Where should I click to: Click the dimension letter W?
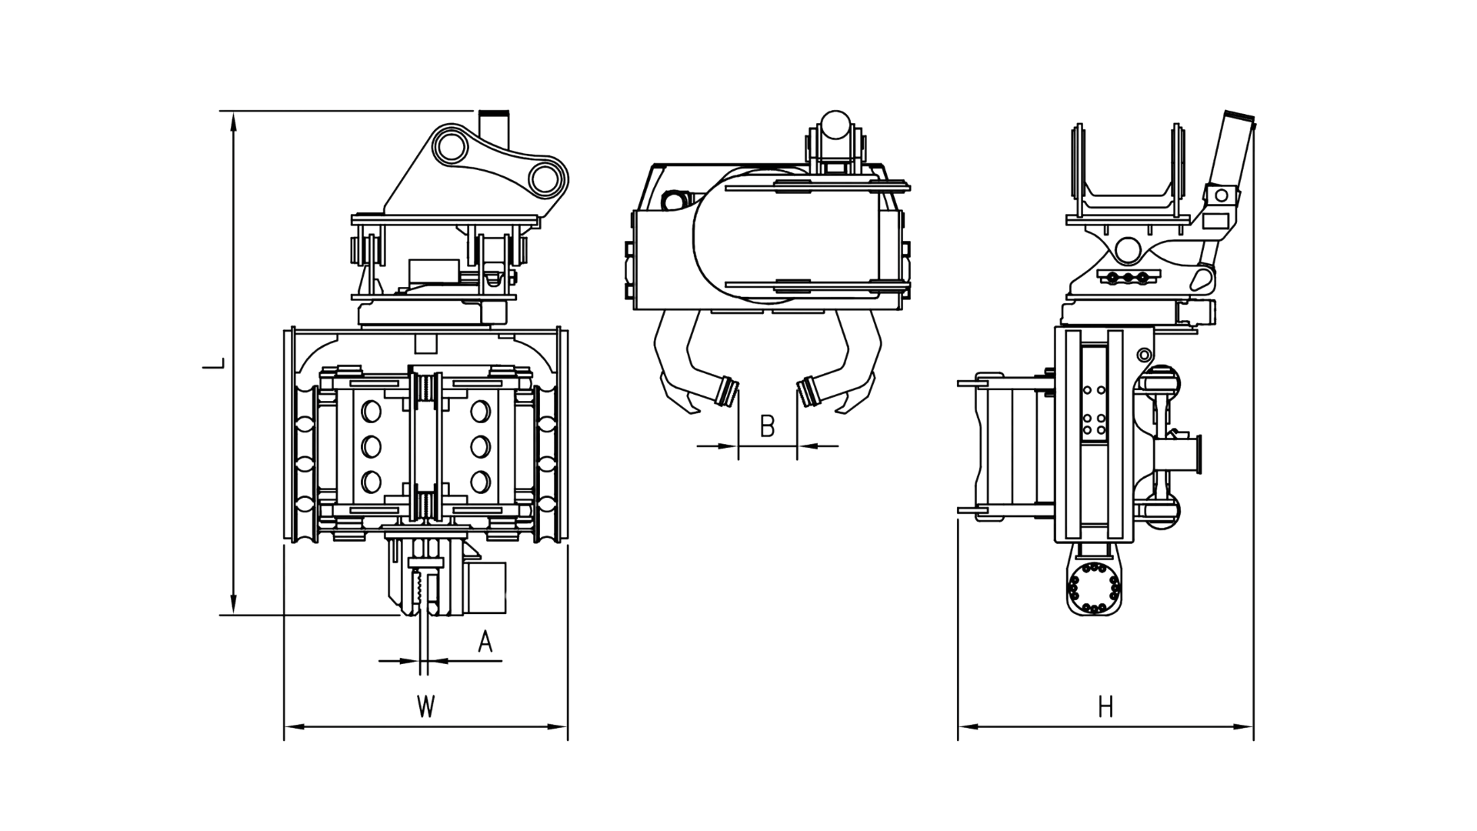pos(425,706)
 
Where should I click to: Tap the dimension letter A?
pos(485,641)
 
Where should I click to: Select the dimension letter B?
pos(767,426)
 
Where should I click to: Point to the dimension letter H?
pos(1105,706)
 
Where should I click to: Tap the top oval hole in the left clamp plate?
pos(371,412)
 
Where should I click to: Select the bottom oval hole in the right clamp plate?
pos(480,482)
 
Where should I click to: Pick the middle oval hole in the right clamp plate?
pos(480,446)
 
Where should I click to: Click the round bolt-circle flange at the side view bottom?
pos(1092,589)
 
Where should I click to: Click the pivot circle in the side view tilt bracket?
pos(1128,249)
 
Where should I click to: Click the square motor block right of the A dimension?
pos(485,588)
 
